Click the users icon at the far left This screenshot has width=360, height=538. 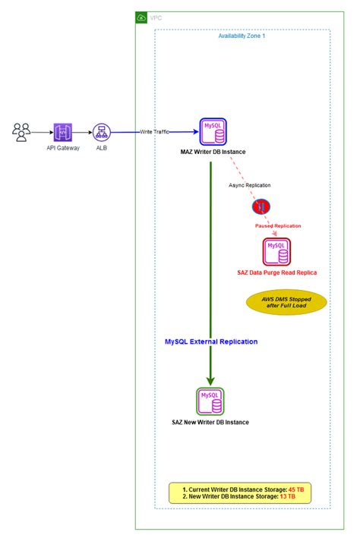point(21,132)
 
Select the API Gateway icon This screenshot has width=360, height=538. point(63,132)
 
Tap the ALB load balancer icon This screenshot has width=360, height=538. point(101,132)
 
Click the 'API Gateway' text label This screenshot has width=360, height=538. point(63,148)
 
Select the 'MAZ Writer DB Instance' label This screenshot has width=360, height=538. point(213,153)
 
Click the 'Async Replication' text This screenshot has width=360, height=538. point(249,184)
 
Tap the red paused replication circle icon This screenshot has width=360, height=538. point(261,206)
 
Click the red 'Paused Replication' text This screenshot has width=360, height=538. point(278,225)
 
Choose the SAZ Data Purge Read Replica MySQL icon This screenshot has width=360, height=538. point(276,250)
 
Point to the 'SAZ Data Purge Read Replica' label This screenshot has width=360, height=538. point(276,272)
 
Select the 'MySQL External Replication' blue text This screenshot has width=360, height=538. point(211,341)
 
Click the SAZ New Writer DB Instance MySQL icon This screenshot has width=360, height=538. point(210,400)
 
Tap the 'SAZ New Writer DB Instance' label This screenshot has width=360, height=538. point(210,422)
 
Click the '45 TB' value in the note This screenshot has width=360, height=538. point(295,490)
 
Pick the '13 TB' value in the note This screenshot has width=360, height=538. point(289,498)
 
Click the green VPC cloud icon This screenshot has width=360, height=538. point(142,17)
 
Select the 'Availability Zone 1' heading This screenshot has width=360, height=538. point(242,36)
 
